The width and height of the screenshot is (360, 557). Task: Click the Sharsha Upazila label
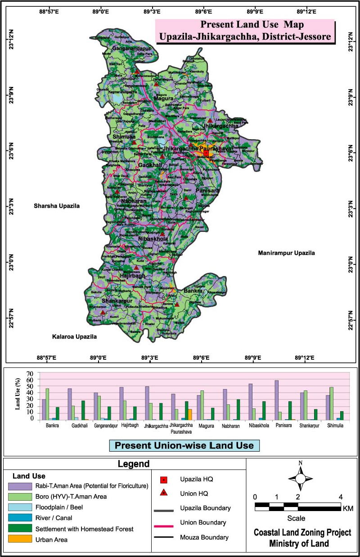click(56, 206)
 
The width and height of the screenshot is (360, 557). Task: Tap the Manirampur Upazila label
click(286, 253)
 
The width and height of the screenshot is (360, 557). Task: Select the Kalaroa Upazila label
click(74, 336)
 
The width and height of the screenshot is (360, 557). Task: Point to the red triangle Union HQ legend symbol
click(165, 493)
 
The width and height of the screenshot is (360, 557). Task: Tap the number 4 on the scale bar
click(341, 497)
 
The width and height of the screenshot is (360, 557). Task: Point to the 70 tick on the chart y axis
click(31, 374)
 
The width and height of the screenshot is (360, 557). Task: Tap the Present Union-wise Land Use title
click(184, 445)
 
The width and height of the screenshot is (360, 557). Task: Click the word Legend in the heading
click(134, 464)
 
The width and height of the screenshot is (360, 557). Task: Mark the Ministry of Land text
click(299, 543)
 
